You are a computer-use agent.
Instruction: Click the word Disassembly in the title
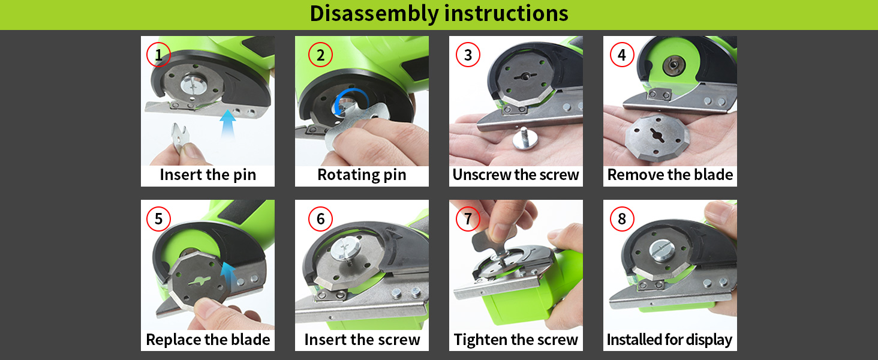[x=374, y=14]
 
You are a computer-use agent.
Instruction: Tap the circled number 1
[x=158, y=55]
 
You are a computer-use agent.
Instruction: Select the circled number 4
[x=622, y=55]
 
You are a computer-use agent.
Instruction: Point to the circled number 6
[x=321, y=219]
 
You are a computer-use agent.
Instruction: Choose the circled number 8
[x=622, y=219]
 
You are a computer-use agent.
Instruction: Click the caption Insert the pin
[x=208, y=175]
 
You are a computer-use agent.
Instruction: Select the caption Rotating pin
[x=362, y=175]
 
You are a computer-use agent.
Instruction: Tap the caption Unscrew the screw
[x=516, y=175]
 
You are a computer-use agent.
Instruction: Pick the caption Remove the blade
[x=670, y=175]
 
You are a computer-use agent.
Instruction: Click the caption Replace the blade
[x=208, y=340]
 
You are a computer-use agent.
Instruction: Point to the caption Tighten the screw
[x=516, y=340]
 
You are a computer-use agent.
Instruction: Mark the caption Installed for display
[x=669, y=340]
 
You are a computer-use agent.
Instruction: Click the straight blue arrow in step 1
[x=227, y=124]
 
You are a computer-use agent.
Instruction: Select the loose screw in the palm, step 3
[x=524, y=139]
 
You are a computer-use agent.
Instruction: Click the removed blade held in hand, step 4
[x=657, y=136]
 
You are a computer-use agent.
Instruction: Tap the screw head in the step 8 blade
[x=662, y=250]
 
